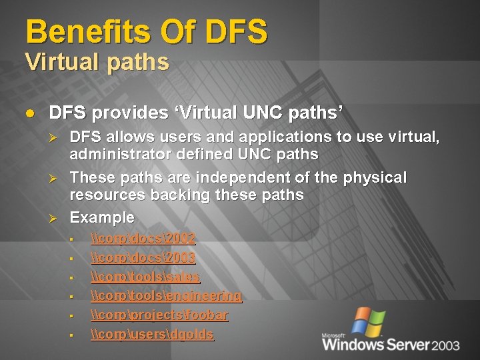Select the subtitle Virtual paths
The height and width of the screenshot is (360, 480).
[97, 63]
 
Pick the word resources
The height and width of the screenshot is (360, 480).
[109, 195]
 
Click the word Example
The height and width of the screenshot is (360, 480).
[102, 218]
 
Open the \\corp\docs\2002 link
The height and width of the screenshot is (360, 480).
[143, 238]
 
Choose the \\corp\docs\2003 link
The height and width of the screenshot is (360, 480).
[143, 257]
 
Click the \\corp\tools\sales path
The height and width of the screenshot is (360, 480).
[145, 277]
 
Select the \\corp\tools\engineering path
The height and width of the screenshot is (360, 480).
[166, 296]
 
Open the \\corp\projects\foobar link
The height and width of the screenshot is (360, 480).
[159, 315]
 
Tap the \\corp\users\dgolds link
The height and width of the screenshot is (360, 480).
[152, 335]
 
